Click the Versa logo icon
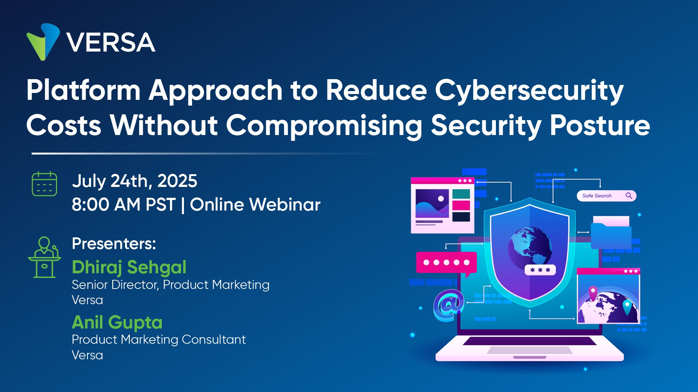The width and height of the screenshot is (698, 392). (x=43, y=42)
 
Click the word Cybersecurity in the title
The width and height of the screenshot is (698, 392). (x=529, y=91)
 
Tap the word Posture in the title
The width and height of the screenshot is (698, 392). (x=600, y=126)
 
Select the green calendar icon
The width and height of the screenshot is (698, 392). (x=44, y=184)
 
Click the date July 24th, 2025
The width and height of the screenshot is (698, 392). (x=135, y=181)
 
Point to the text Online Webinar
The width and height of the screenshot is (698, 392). (x=255, y=205)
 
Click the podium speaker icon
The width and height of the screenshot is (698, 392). (x=44, y=257)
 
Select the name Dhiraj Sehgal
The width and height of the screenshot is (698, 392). (x=129, y=268)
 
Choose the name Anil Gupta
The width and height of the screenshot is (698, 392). (x=117, y=323)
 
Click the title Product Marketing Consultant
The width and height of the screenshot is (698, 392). (x=159, y=339)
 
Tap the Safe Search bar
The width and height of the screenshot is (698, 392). (x=606, y=196)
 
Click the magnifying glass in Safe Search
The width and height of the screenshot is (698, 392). (x=629, y=196)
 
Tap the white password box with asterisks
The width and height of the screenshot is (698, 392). (x=540, y=270)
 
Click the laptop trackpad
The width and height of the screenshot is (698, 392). (x=530, y=350)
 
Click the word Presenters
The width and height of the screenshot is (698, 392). (x=114, y=244)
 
